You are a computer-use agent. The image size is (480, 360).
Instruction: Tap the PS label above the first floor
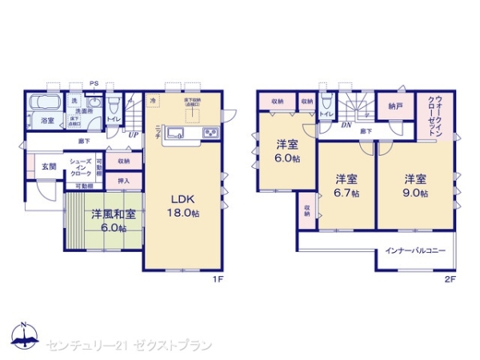tap(94, 83)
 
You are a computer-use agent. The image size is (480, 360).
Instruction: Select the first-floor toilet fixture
tap(114, 105)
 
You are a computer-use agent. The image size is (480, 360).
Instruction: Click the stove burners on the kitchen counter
tap(211, 132)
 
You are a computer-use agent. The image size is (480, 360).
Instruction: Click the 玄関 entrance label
tap(48, 167)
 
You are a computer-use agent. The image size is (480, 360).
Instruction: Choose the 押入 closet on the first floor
tap(123, 182)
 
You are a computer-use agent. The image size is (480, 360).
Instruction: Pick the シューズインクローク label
tap(79, 167)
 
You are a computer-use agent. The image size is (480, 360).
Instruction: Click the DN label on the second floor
tap(347, 125)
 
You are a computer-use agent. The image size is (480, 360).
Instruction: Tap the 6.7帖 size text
tap(346, 193)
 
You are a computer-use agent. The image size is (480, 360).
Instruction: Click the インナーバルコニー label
tap(415, 250)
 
